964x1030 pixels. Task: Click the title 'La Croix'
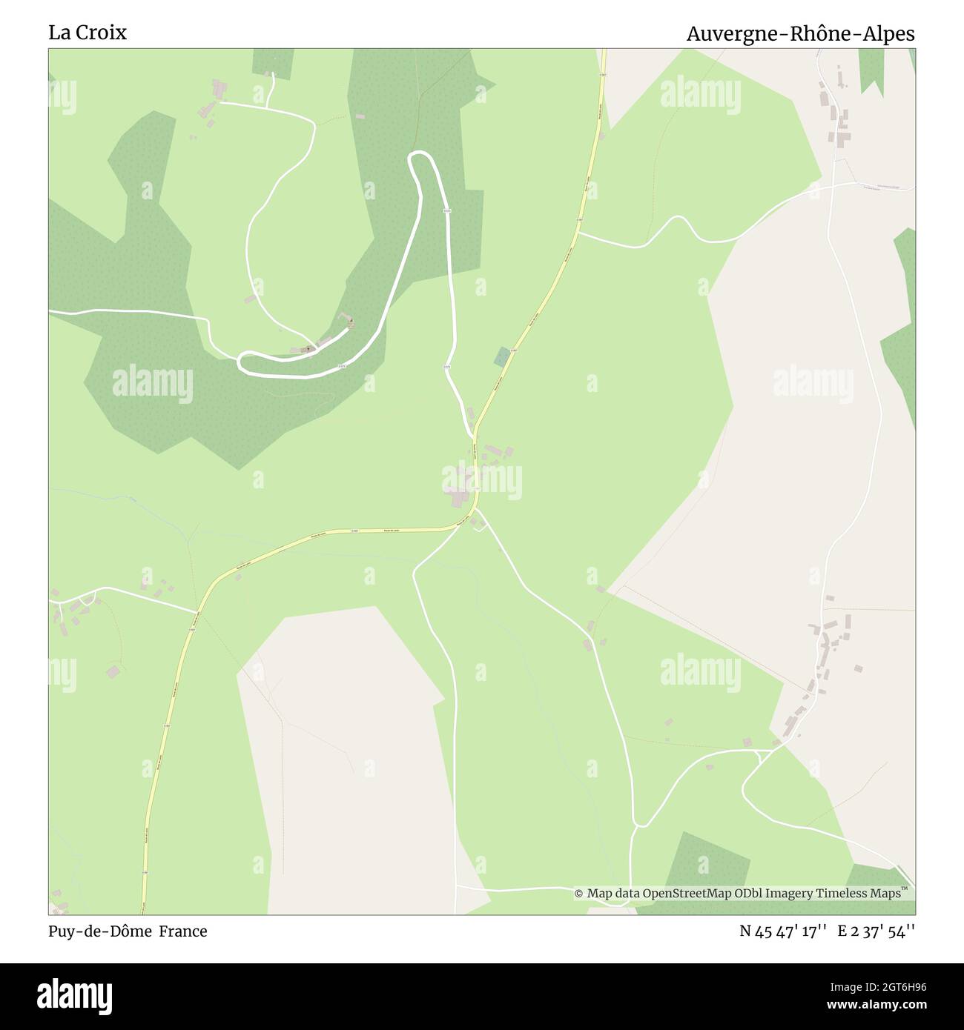tap(88, 33)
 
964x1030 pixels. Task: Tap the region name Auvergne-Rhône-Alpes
tap(800, 34)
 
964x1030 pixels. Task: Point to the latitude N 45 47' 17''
tap(783, 931)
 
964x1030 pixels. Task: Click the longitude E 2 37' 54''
tap(876, 931)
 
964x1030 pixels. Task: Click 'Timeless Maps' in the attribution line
tap(862, 894)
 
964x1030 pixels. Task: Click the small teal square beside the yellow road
tap(502, 356)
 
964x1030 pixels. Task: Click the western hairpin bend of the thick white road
tap(241, 362)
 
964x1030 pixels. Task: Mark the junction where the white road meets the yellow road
tap(474, 433)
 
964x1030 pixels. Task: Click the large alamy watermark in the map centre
tap(482, 479)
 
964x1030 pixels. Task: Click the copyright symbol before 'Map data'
tap(579, 894)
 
